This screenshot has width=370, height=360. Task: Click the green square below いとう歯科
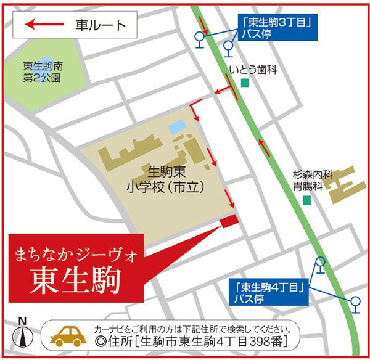click(245, 83)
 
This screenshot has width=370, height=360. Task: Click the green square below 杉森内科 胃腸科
click(306, 200)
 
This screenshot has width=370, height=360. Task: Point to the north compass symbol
click(23, 335)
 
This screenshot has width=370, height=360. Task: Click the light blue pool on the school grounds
click(177, 127)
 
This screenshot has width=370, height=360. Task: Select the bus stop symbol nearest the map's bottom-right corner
click(356, 301)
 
